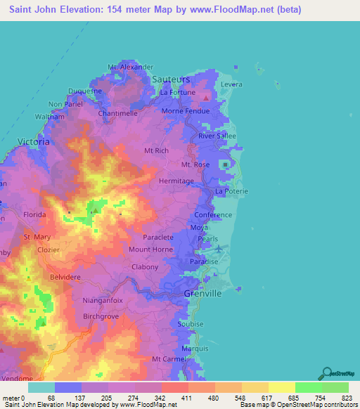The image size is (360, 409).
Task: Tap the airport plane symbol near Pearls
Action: (x=219, y=249)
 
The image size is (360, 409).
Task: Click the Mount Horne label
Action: (x=150, y=249)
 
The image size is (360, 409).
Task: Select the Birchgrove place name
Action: (x=84, y=317)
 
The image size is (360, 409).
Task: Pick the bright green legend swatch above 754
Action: (x=308, y=387)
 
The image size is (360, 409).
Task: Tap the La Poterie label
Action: (x=231, y=191)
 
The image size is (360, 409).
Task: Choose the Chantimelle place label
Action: (x=118, y=112)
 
